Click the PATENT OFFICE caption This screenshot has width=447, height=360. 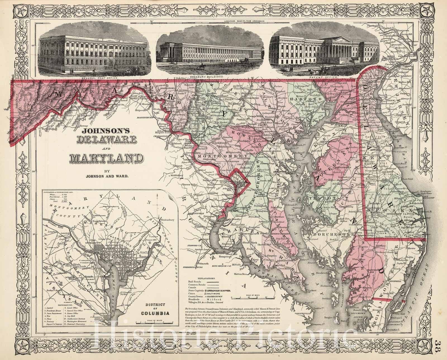coord(327,77)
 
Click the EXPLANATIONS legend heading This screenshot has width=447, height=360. coord(206,278)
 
